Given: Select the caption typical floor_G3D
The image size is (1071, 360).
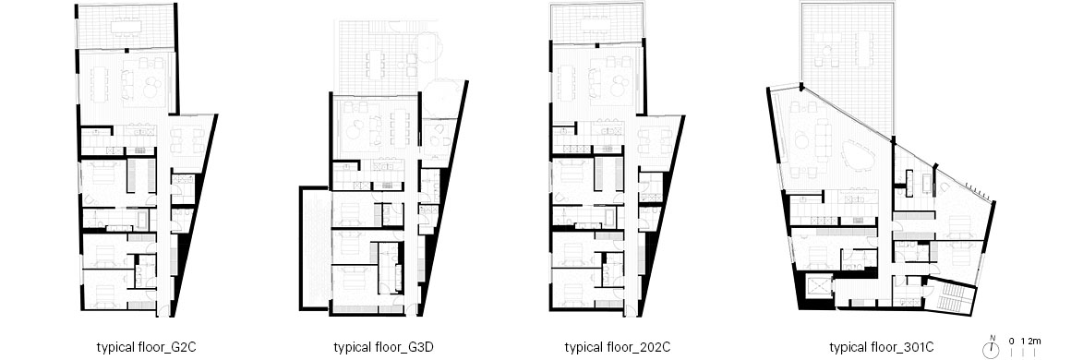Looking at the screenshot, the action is point(384,347).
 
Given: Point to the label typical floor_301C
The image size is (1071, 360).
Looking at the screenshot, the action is point(884,347).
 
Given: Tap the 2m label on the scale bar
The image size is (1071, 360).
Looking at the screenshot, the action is point(1034,341).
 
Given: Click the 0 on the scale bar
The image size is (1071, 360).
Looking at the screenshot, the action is point(1012,341).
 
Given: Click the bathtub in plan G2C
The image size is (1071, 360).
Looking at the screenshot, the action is point(142,220).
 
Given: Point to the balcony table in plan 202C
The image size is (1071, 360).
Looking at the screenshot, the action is point(596,25).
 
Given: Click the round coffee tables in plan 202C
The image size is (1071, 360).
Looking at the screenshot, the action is point(620,87).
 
